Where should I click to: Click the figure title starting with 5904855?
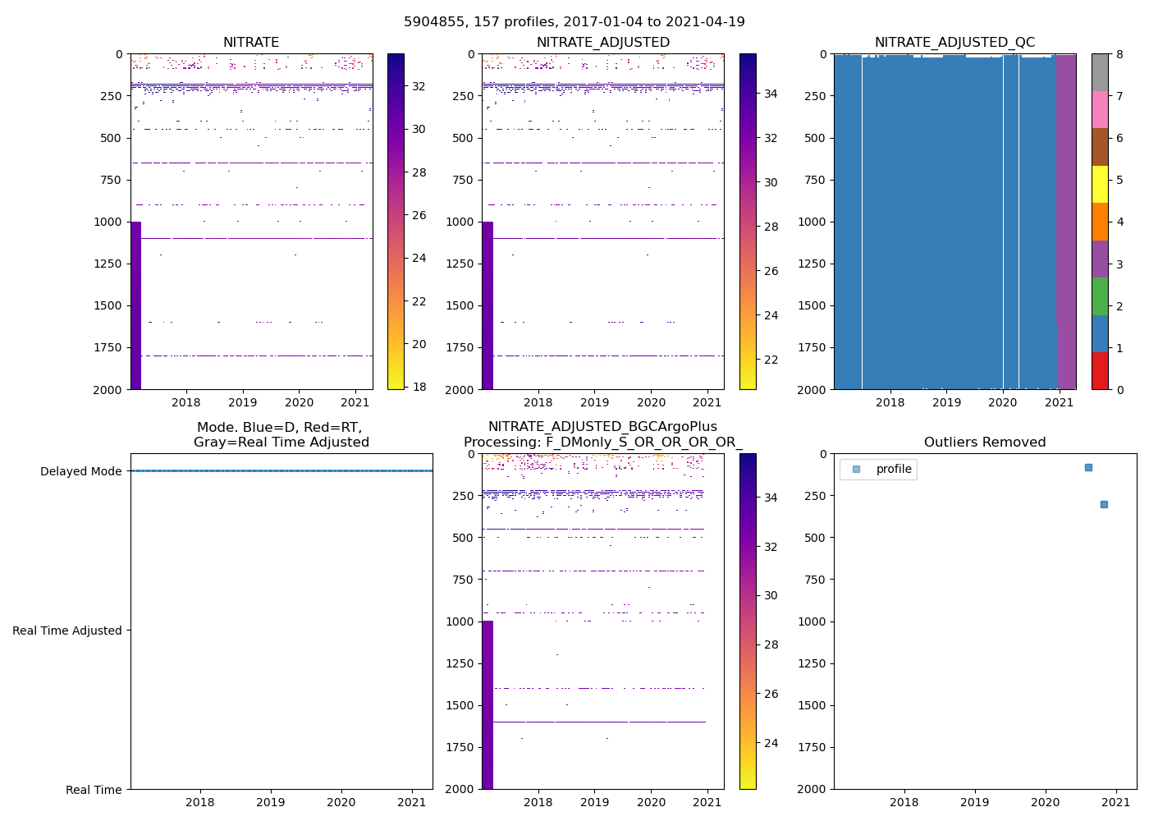pos(574,22)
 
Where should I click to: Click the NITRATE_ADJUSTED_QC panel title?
pos(954,43)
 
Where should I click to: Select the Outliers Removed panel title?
pos(985,443)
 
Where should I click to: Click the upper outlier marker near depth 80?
pos(1088,467)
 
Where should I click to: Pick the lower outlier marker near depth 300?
pos(1104,504)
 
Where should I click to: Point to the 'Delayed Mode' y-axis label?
pos(80,471)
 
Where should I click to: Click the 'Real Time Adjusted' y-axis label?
pos(67,631)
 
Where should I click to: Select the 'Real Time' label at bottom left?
pos(94,790)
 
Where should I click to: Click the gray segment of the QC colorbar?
pos(1100,72)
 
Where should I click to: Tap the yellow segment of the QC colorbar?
pos(1100,184)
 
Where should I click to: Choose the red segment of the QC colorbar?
pos(1100,370)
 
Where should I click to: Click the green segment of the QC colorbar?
pos(1100,296)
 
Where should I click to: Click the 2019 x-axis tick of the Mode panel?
pos(271,802)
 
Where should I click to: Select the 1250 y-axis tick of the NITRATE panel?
pos(108,264)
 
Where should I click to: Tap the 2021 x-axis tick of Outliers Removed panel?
pos(1116,802)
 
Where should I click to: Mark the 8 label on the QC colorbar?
pos(1119,54)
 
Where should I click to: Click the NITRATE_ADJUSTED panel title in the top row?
pos(602,43)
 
